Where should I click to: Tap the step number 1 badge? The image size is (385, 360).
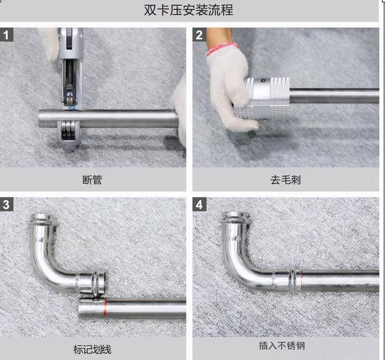(7, 35)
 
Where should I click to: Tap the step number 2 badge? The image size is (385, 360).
(200, 35)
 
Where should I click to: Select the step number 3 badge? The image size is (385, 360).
(7, 205)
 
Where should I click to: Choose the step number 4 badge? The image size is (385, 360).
(200, 205)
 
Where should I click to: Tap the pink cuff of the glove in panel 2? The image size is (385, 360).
(222, 49)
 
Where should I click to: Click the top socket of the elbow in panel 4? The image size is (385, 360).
(233, 218)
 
